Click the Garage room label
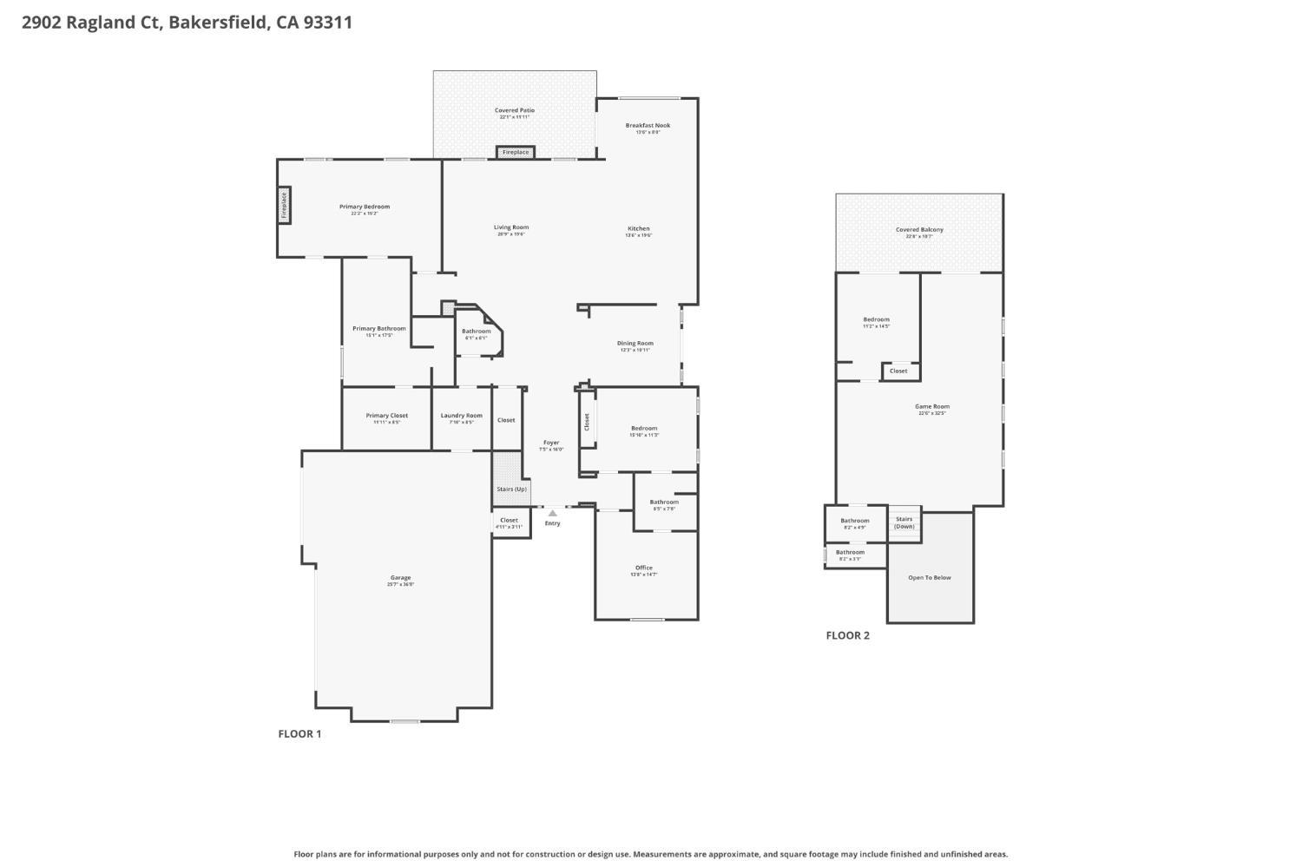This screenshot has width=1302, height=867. pos(400,578)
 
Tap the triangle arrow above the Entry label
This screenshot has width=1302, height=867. pos(552,513)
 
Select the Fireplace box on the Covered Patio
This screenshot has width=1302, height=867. pos(516,153)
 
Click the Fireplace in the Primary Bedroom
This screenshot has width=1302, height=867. pos(284,206)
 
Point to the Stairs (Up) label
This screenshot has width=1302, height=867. pos(511,489)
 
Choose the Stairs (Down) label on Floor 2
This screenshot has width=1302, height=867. pos(904,522)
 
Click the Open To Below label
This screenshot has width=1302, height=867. pos(930,578)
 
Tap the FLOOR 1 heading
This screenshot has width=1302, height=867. pos(299,734)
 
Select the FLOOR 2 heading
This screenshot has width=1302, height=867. pos(847,635)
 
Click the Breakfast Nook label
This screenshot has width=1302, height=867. pos(648,126)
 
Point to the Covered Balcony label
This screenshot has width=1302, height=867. pos(919,230)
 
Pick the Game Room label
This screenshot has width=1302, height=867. pos(932,407)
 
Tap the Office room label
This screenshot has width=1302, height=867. pos(643,568)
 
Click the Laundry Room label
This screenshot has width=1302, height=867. pos(461,416)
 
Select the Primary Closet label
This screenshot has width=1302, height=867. pos(386,416)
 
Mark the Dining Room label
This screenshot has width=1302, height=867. pos(635,344)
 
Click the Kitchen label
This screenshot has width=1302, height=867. pos(638,229)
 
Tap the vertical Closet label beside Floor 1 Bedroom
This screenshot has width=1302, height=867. pos(587,422)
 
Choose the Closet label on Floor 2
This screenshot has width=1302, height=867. pos(898,371)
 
